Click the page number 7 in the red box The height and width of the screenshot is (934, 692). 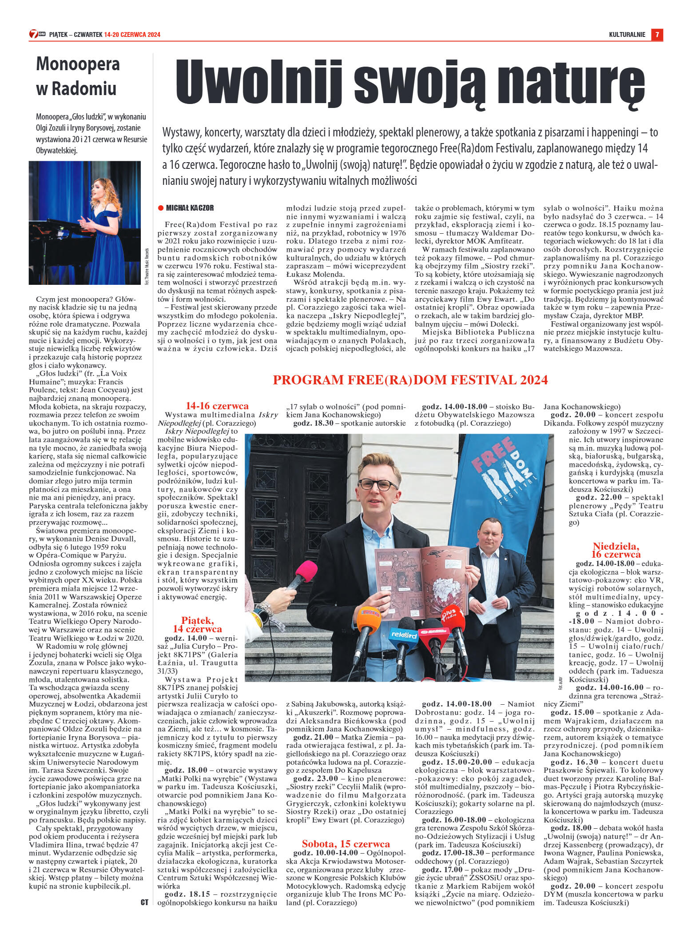tap(657, 34)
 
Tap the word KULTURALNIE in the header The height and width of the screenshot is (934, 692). tap(627, 35)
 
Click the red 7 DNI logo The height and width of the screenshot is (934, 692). tap(37, 34)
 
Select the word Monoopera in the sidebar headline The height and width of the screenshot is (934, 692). tap(78, 64)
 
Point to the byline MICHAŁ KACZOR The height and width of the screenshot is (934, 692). tap(190, 208)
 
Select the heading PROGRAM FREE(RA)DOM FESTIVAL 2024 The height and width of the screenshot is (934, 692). tap(410, 380)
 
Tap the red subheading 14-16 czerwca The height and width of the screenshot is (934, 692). tap(217, 406)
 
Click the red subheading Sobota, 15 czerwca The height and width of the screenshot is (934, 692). tap(346, 844)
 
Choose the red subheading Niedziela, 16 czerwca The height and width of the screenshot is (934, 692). tap(616, 550)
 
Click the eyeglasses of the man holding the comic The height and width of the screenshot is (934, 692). tap(378, 484)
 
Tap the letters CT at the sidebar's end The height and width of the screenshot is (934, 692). tap(144, 902)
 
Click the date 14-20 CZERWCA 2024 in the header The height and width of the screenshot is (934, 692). tap(132, 35)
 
